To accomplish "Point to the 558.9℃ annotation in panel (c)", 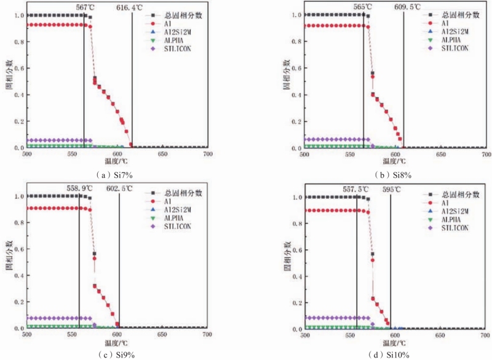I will (x=81, y=189).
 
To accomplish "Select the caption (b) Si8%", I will (x=394, y=175).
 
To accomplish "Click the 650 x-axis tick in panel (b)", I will (x=440, y=154).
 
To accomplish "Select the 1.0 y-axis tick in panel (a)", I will (x=17, y=15).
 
